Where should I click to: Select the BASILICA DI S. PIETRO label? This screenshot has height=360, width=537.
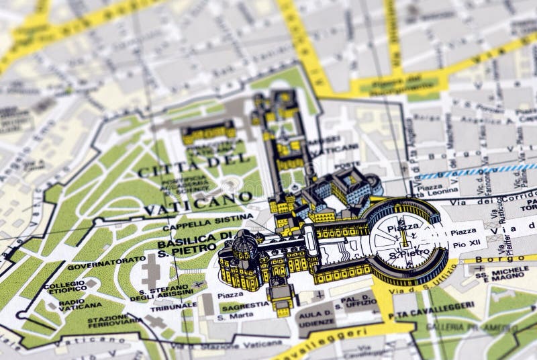(x=195, y=242)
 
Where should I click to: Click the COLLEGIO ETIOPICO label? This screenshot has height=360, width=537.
(x=66, y=287)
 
